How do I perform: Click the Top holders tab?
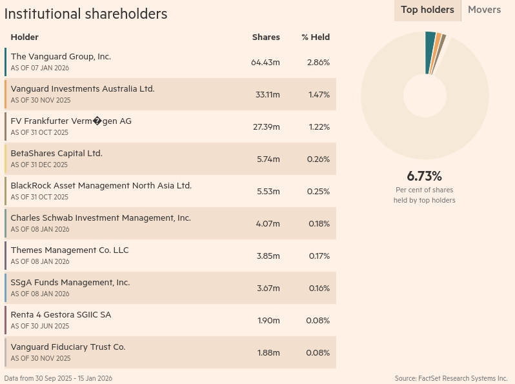(x=427, y=10)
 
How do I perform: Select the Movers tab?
(x=484, y=10)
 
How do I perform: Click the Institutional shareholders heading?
(x=86, y=14)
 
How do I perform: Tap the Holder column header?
(x=25, y=37)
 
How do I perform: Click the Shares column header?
(x=266, y=37)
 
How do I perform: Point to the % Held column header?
(x=316, y=37)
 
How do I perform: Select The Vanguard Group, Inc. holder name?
(x=61, y=57)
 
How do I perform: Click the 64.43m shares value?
(x=265, y=63)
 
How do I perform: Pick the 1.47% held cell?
(x=319, y=95)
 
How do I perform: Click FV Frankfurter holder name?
(x=71, y=121)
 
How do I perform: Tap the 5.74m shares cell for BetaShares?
(x=268, y=159)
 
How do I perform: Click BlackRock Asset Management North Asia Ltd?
(x=101, y=186)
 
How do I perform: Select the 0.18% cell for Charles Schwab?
(x=319, y=224)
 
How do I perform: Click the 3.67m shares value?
(x=268, y=288)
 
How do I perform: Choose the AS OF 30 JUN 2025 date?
(x=41, y=326)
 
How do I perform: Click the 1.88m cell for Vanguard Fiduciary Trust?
(x=268, y=353)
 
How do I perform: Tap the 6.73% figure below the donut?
(x=424, y=176)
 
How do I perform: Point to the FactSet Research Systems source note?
(x=451, y=378)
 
